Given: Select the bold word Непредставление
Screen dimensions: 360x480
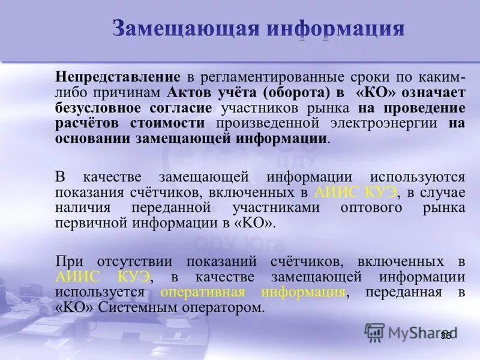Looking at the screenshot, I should (118, 77).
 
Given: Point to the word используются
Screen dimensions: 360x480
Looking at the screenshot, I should (418, 177).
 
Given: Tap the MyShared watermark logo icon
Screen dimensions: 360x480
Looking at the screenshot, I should (375, 332).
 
